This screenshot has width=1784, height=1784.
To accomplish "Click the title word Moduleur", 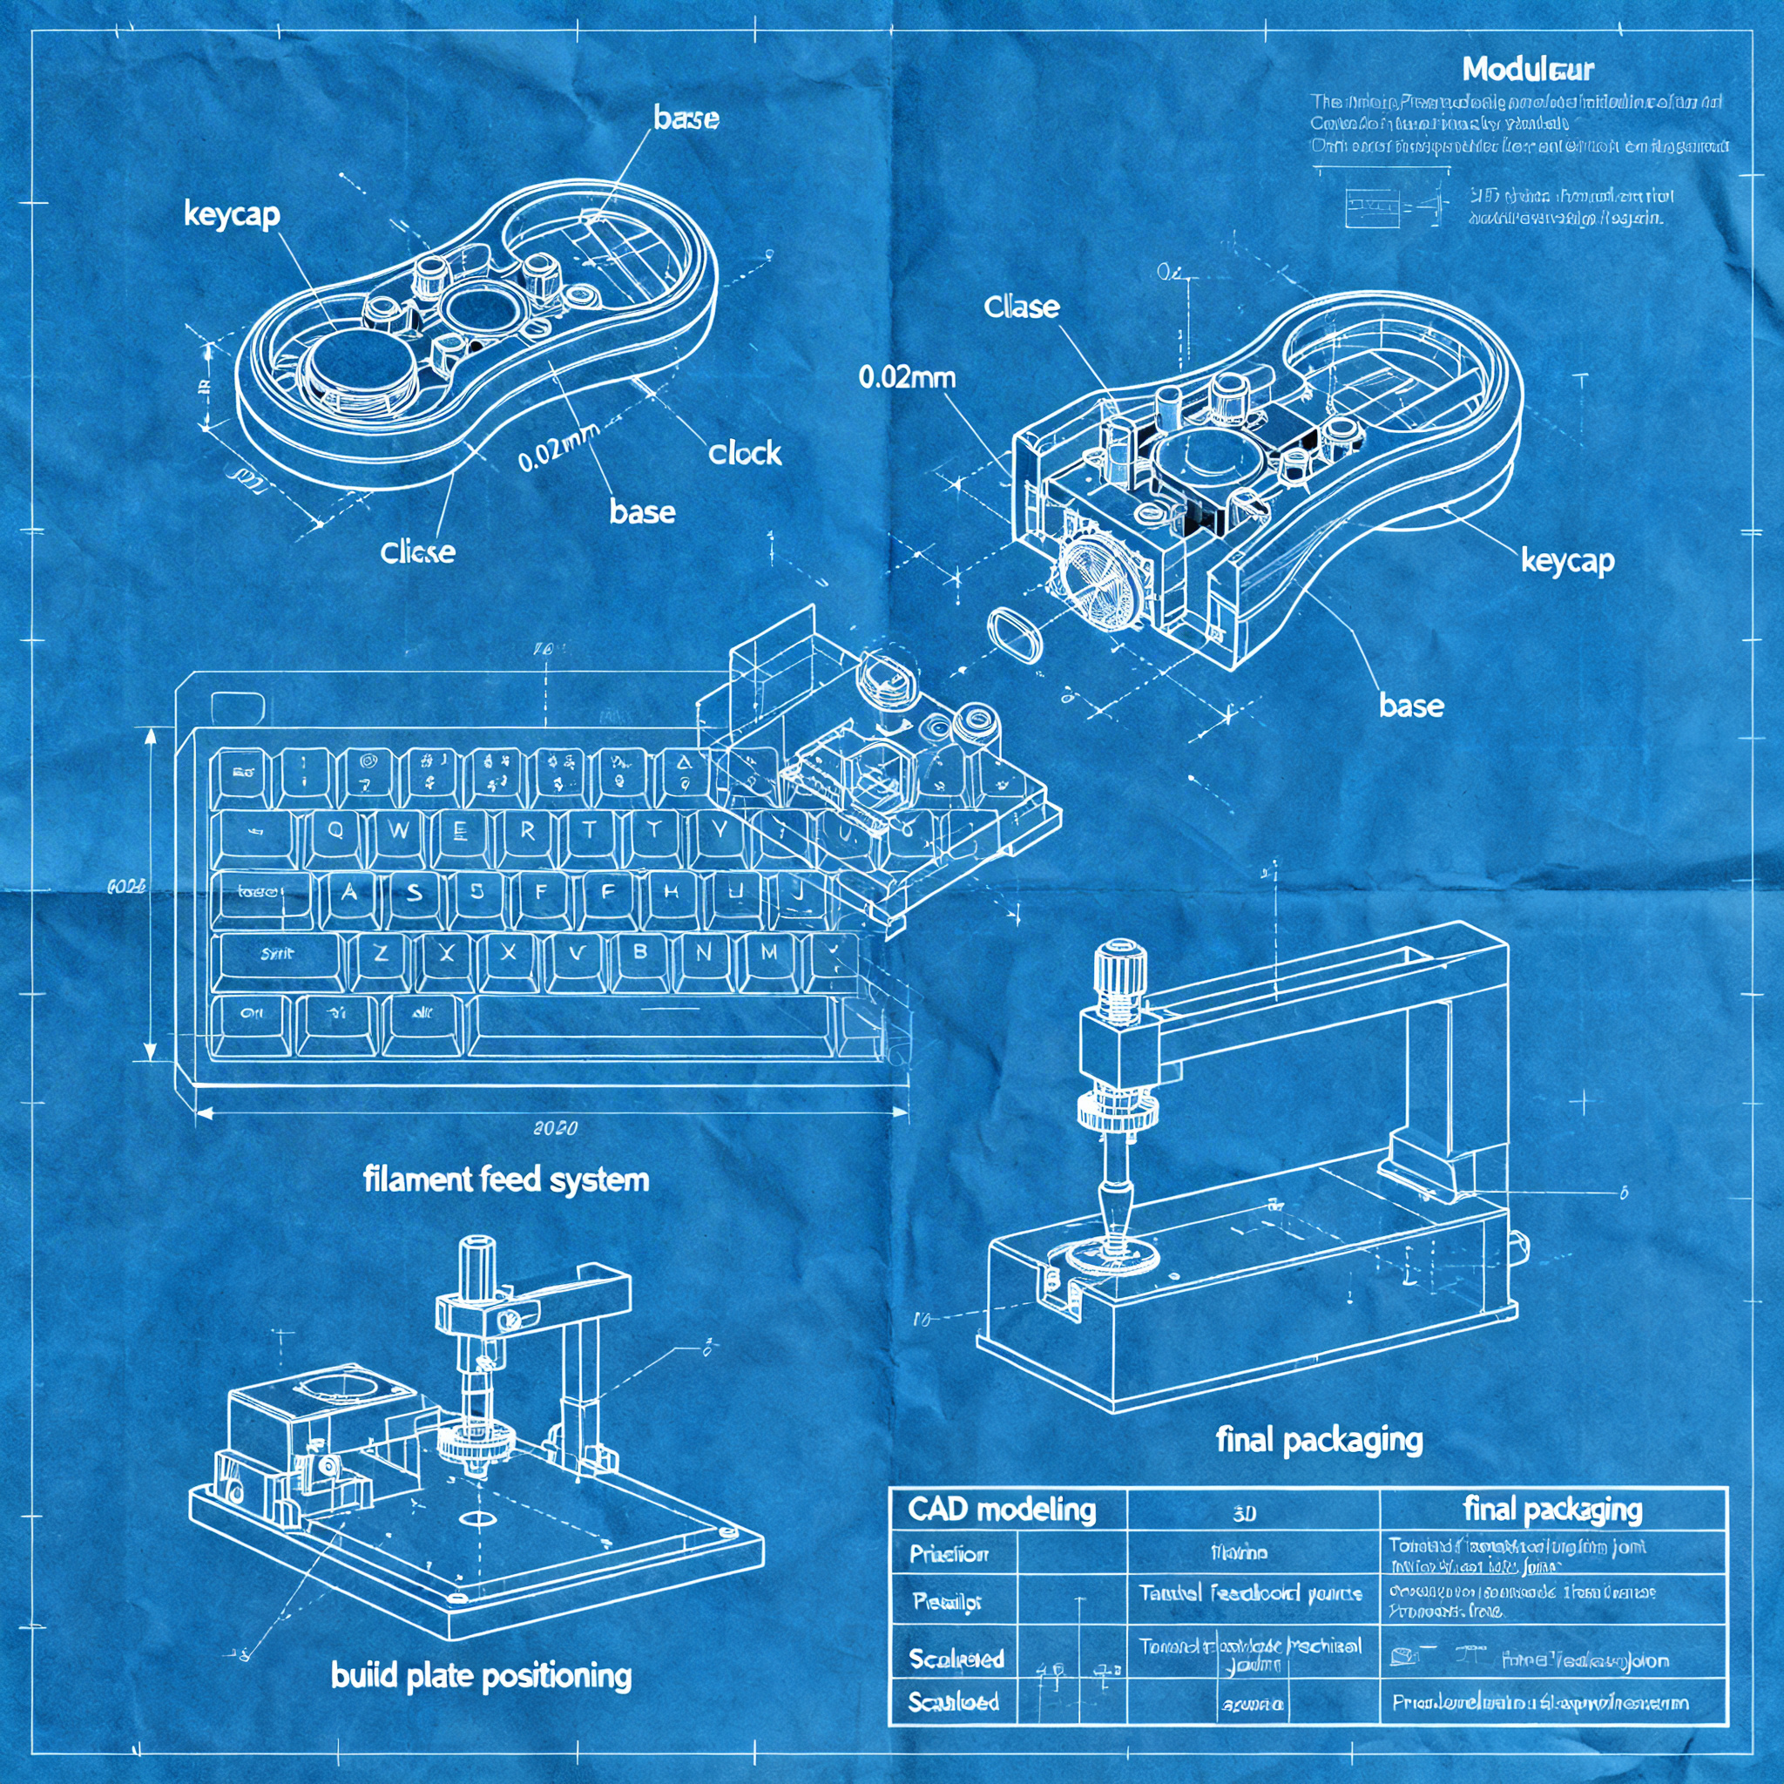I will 1527,70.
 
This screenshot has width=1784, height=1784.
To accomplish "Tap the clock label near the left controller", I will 744,452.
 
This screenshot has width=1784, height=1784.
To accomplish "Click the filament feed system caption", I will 506,1179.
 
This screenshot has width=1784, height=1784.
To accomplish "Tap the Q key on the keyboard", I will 335,830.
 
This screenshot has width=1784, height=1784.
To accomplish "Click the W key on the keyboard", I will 399,830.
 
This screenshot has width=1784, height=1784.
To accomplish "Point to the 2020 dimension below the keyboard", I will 556,1127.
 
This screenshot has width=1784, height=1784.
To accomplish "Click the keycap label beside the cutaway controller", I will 1567,560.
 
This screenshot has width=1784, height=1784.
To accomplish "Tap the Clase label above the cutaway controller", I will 1021,307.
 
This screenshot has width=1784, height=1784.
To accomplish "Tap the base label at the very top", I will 686,118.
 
